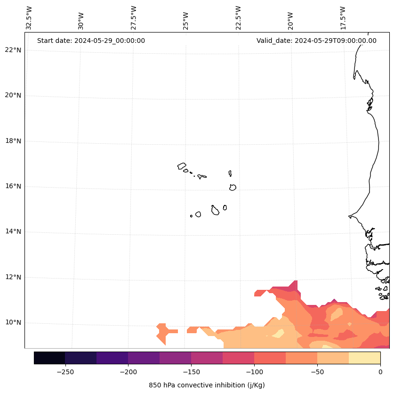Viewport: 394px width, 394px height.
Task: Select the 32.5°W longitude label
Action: coord(29,18)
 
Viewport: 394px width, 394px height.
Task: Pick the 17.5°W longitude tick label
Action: coord(343,18)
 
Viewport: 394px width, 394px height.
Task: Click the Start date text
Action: coord(91,41)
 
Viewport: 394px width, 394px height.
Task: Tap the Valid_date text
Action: coord(316,41)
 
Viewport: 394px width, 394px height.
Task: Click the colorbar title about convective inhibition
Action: coord(207,385)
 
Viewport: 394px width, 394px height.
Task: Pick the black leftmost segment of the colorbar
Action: coord(49,358)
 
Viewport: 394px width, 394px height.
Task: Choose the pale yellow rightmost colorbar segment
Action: coord(364,358)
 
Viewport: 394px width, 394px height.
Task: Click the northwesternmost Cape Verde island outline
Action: coord(182,166)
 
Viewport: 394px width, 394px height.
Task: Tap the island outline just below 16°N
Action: coord(233,187)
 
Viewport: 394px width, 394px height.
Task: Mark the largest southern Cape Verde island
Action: coord(215,210)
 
